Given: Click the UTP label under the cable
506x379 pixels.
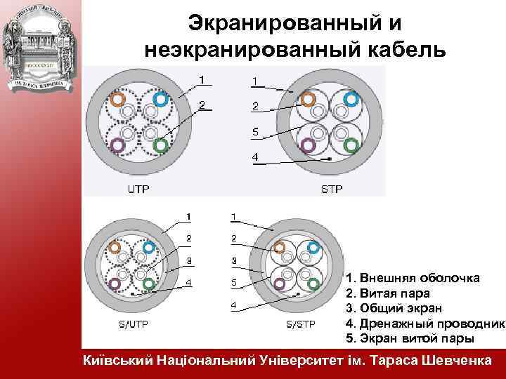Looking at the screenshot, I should (138, 189).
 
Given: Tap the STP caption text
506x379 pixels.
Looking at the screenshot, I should (332, 189).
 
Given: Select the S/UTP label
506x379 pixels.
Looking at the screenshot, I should (131, 324).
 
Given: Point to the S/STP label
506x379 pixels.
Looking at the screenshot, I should (300, 324).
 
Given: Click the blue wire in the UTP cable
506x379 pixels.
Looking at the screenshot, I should (160, 100).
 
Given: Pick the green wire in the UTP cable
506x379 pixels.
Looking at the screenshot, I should (160, 145).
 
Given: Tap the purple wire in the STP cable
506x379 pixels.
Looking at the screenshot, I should (307, 145).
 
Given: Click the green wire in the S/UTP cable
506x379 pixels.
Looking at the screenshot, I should (148, 284).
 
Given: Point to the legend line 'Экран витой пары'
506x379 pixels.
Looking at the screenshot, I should (410, 338).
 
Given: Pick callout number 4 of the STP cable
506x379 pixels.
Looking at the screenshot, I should (255, 156).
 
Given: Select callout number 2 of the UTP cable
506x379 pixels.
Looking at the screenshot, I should (202, 105).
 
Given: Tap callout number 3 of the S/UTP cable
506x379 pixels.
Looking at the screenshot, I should (188, 261).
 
